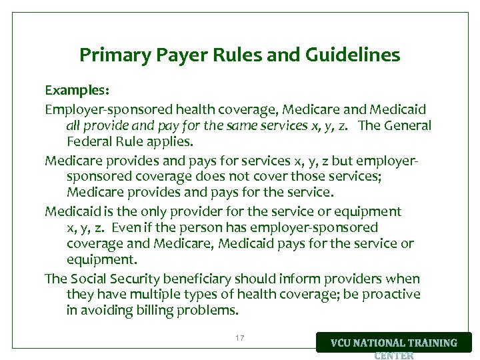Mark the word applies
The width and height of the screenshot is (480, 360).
pos(171,141)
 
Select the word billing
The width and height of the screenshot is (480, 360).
pos(158,311)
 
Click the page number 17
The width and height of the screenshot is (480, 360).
pos(239,339)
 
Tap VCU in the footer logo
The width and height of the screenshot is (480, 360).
pos(345,343)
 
